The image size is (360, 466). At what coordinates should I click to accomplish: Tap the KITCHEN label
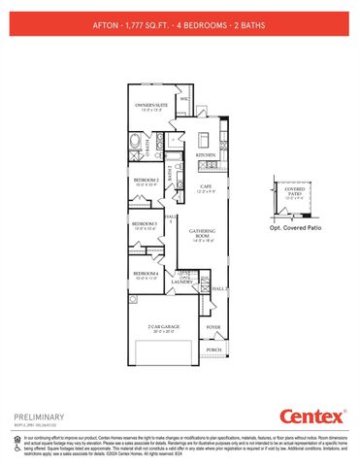coord(205,154)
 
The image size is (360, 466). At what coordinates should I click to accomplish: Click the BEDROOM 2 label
coord(147,181)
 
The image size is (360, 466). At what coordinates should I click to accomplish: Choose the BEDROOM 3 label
coord(146,225)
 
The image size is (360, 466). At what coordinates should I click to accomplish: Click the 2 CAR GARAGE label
coord(161,328)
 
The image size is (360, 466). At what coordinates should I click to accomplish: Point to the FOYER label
coord(213,328)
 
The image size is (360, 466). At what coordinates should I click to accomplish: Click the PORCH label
coord(213,350)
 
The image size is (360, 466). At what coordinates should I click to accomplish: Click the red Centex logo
coord(312,416)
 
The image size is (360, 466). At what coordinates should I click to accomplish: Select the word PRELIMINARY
coord(38,415)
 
